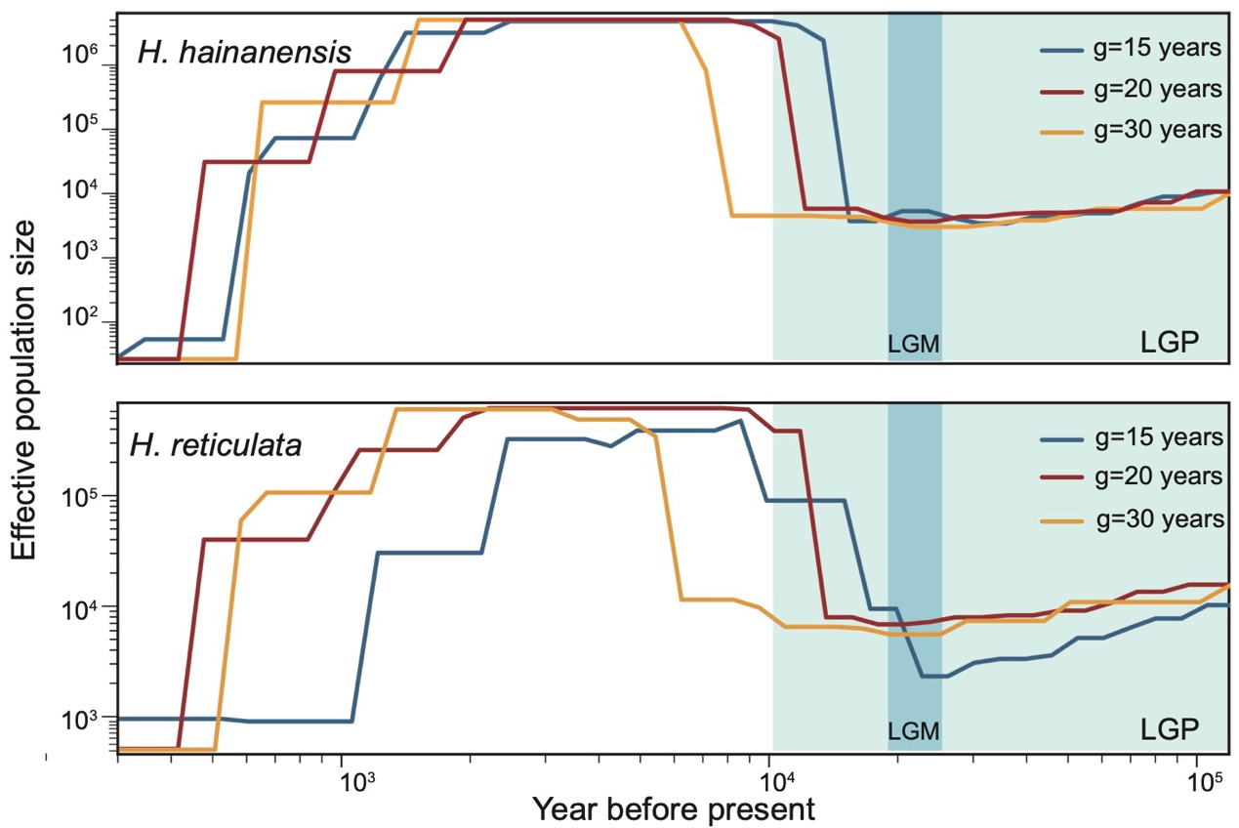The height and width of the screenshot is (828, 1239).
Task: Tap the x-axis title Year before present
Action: click(674, 808)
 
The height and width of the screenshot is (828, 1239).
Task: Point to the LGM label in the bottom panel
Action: click(914, 730)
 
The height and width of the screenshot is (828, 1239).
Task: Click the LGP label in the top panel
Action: click(1170, 342)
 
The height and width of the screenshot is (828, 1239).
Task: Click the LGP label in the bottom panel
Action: click(1170, 728)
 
